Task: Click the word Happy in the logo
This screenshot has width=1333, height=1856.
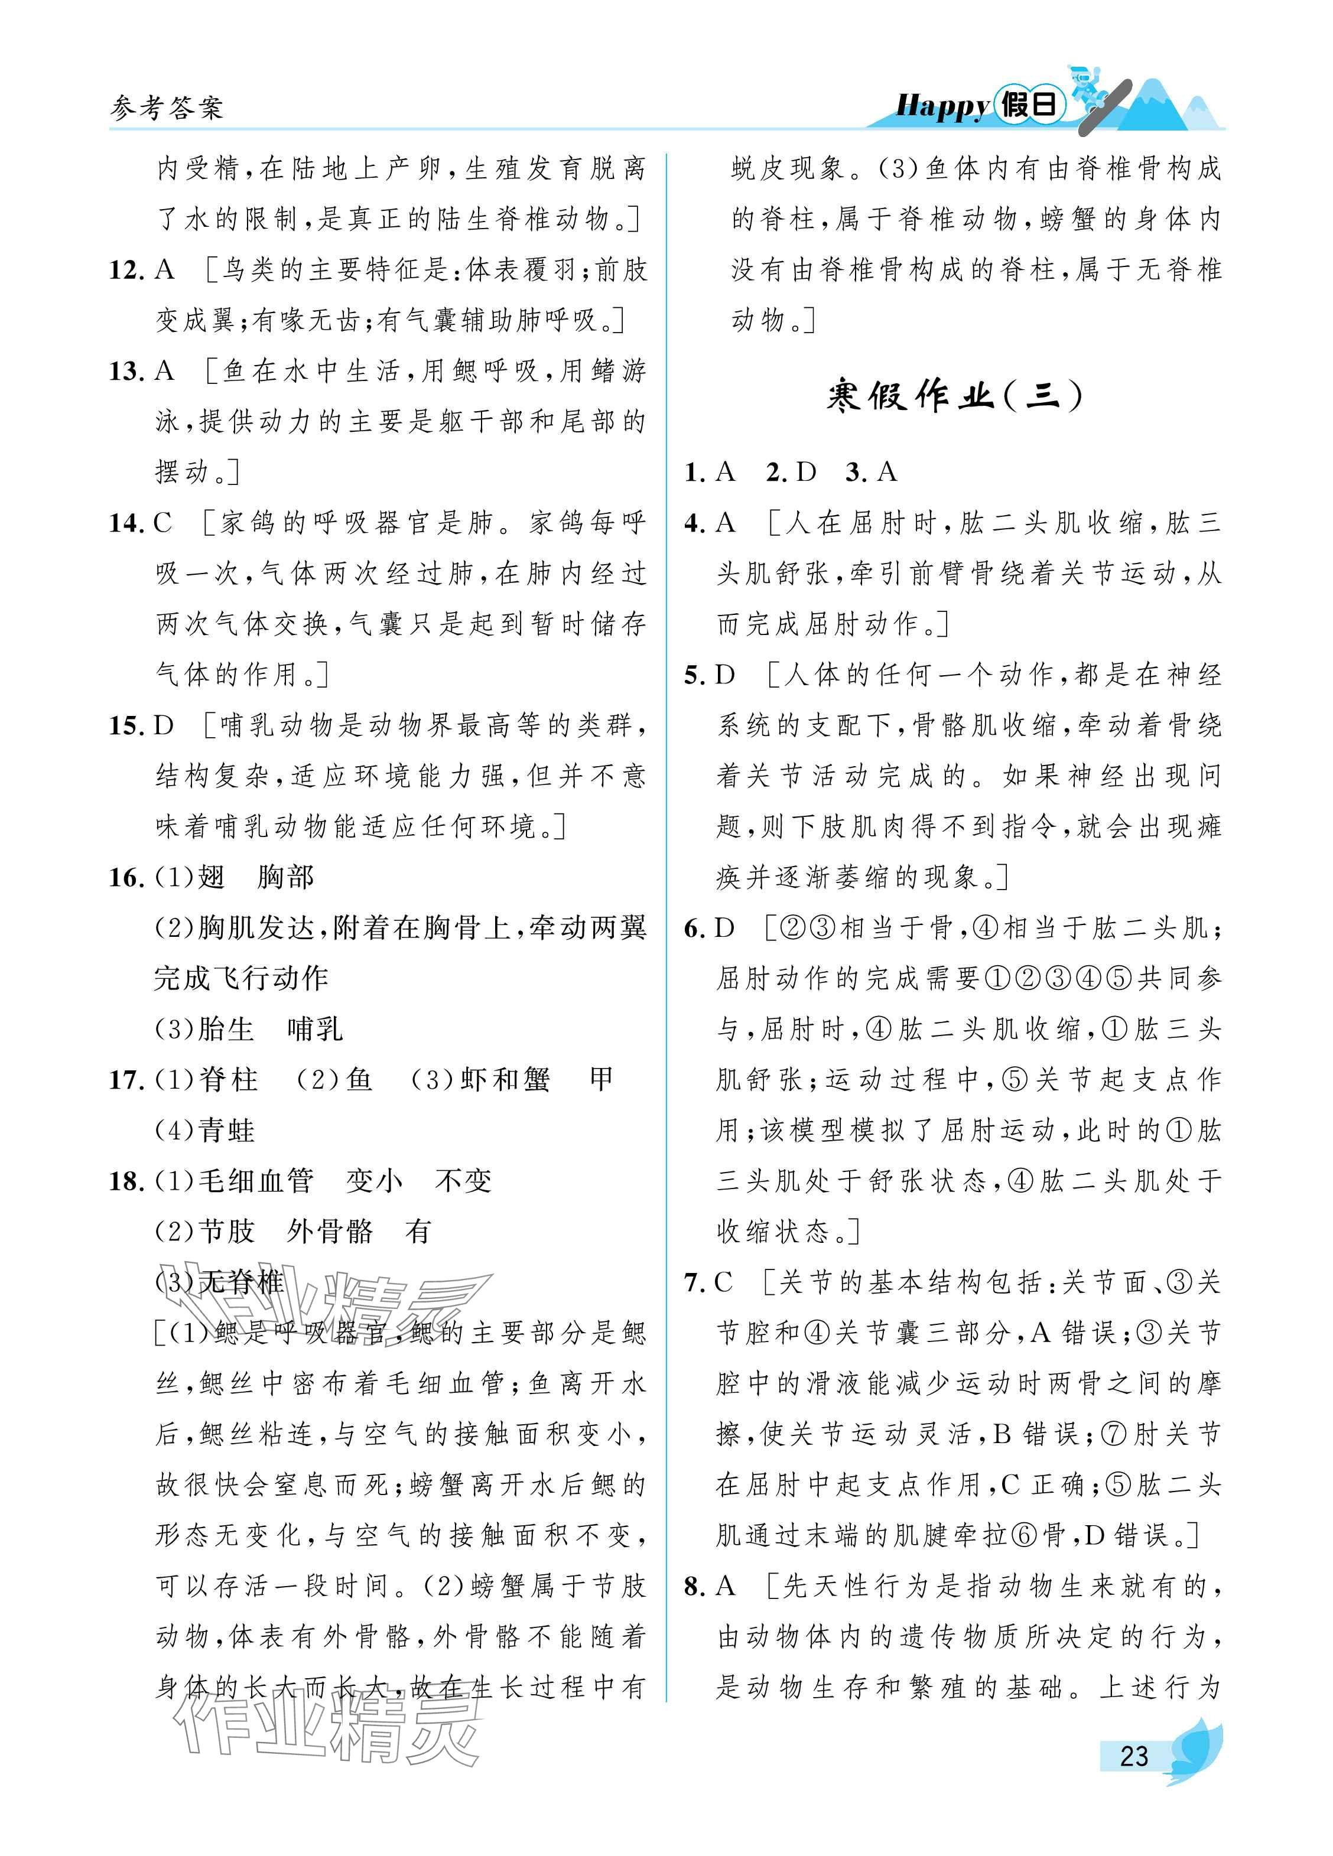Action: click(942, 106)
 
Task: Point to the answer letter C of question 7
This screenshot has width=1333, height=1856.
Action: click(723, 1282)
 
